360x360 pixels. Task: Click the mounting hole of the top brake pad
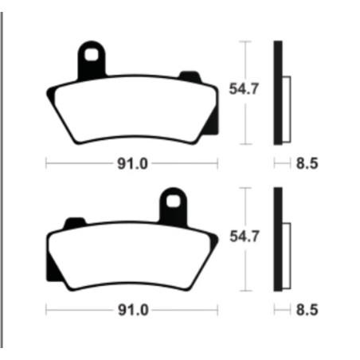click(93, 57)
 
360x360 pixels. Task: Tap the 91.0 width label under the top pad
click(131, 165)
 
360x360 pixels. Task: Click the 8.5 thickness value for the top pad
click(306, 165)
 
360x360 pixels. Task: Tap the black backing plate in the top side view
click(278, 92)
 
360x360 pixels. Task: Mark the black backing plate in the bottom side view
click(278, 238)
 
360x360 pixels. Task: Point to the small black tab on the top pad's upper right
click(189, 76)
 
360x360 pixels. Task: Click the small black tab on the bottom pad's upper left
click(74, 221)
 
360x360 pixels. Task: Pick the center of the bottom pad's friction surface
click(132, 257)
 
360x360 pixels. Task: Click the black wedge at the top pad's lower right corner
click(212, 123)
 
